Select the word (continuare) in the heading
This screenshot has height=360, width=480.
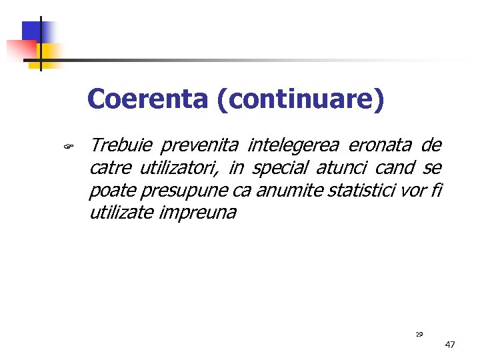pyautogui.click(x=300, y=100)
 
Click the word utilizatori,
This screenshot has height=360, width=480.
pyautogui.click(x=179, y=168)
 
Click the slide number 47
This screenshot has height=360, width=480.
pyautogui.click(x=449, y=345)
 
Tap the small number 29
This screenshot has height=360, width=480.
pyautogui.click(x=419, y=334)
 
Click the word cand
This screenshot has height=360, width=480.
pyautogui.click(x=399, y=168)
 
